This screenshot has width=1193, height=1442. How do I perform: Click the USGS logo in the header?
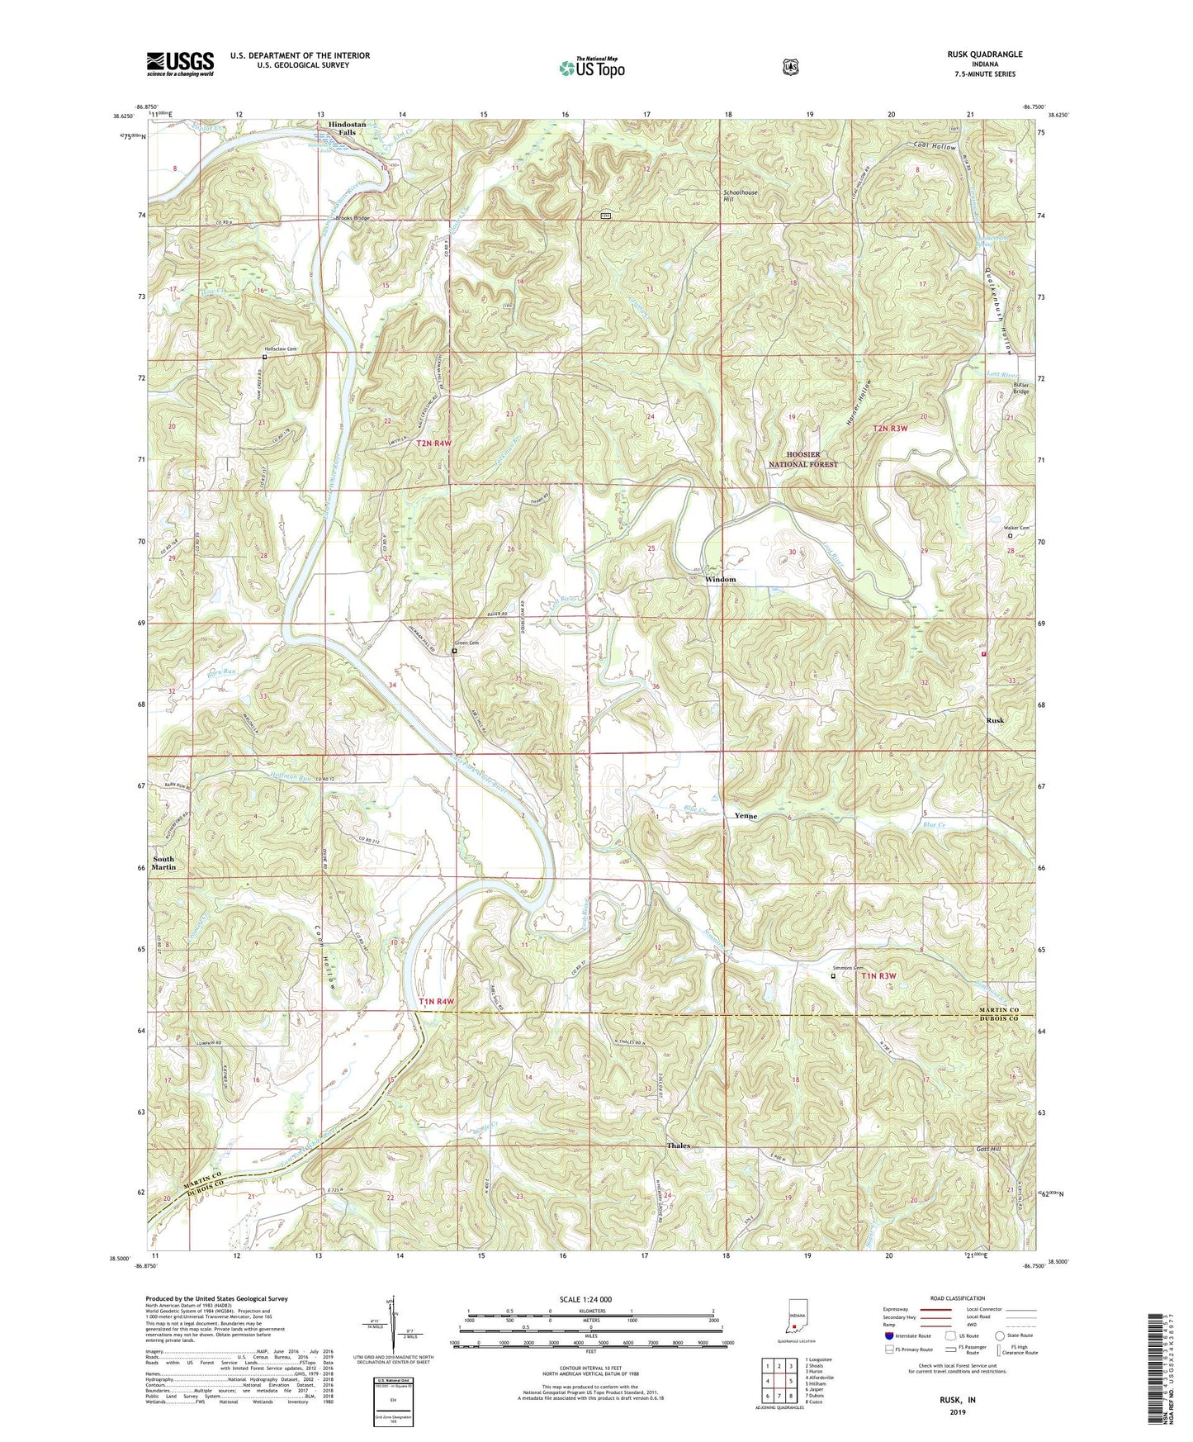pos(180,64)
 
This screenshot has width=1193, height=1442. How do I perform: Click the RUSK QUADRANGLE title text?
pos(984,55)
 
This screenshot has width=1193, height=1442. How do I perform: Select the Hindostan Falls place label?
pos(347,129)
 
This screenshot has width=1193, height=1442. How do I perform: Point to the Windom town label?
pos(720,580)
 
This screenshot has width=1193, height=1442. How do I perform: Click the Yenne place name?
pos(746,816)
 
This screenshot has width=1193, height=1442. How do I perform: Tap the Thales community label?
pos(679,1146)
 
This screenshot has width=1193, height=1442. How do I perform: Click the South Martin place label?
pos(163,862)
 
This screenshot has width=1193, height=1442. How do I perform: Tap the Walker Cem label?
pos(1015,528)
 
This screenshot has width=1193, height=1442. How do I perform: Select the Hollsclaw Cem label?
pos(279,349)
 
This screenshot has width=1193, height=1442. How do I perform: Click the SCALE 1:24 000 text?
pos(585,1299)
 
